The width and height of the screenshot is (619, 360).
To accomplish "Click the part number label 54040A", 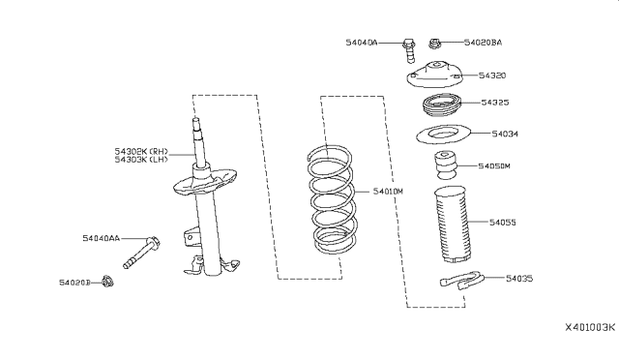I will pos(363,43).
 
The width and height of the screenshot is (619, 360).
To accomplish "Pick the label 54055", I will pos(503,222).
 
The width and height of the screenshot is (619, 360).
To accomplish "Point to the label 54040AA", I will pos(101,237).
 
